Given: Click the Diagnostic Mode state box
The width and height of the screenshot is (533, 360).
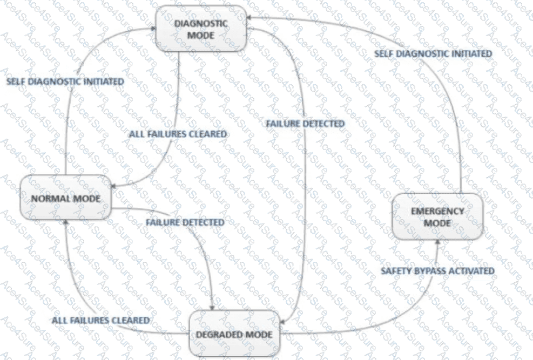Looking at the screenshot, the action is pyautogui.click(x=201, y=29).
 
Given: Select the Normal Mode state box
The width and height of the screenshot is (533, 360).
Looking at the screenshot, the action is pyautogui.click(x=66, y=198).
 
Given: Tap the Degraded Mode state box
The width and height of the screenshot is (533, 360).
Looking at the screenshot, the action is pyautogui.click(x=234, y=334).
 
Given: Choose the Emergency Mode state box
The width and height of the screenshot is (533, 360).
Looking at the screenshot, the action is pyautogui.click(x=437, y=216).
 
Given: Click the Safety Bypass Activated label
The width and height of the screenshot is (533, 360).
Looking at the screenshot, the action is pyautogui.click(x=437, y=271).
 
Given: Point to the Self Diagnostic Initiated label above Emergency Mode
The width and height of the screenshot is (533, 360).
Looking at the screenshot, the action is pyautogui.click(x=433, y=53).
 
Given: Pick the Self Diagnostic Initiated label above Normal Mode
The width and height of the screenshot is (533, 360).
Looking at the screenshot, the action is pyautogui.click(x=65, y=81).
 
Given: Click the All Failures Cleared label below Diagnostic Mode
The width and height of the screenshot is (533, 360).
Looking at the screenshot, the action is pyautogui.click(x=178, y=134).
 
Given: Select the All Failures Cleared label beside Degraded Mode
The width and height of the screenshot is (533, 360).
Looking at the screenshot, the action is pyautogui.click(x=100, y=320).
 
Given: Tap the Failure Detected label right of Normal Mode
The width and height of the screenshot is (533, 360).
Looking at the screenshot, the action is pyautogui.click(x=185, y=222).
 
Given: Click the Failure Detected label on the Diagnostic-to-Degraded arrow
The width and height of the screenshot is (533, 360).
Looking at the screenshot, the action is pyautogui.click(x=305, y=124).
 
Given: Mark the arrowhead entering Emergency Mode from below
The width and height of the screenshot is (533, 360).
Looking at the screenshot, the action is pyautogui.click(x=437, y=242).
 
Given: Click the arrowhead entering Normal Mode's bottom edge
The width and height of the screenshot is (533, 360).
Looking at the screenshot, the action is pyautogui.click(x=66, y=222).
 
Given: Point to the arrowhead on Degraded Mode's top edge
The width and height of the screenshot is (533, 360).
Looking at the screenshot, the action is pyautogui.click(x=212, y=308).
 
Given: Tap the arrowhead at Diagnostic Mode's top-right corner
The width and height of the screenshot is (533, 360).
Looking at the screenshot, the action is pyautogui.click(x=249, y=17).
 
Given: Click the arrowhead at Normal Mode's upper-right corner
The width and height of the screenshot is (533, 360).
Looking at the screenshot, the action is pyautogui.click(x=114, y=186).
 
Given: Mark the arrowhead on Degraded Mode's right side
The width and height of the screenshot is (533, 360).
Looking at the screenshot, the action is pyautogui.click(x=282, y=322).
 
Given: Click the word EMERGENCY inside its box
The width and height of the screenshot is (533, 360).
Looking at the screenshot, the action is pyautogui.click(x=437, y=211).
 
